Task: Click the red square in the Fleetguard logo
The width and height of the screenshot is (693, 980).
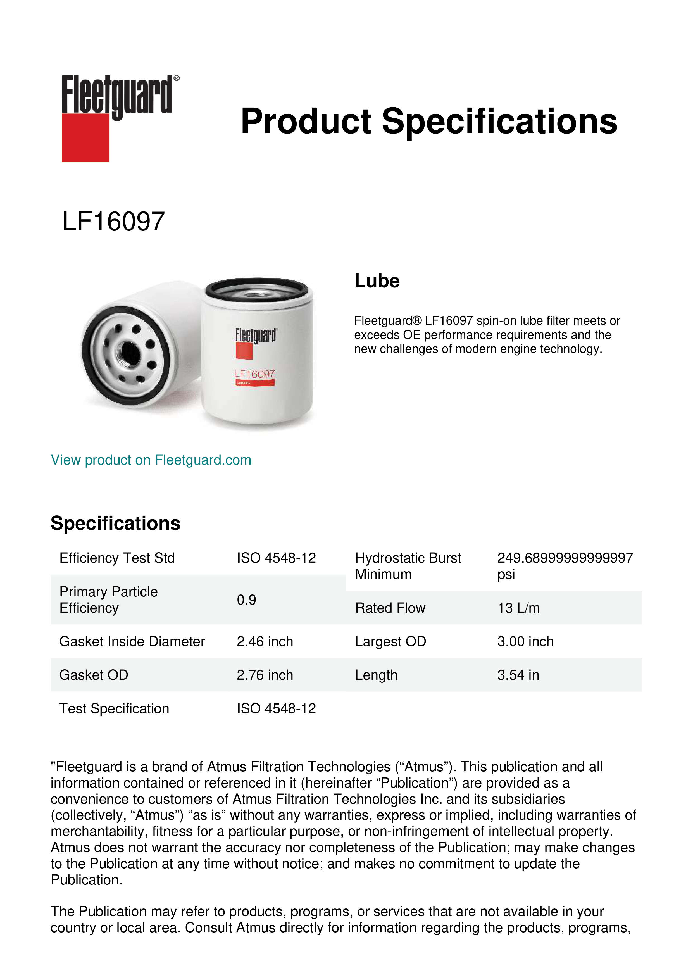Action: tap(85, 137)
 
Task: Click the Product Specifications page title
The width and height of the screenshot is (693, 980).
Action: tap(429, 121)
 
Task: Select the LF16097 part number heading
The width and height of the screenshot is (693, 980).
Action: tap(113, 222)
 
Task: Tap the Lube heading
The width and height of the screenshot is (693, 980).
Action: tap(377, 281)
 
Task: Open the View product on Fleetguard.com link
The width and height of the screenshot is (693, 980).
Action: tap(151, 460)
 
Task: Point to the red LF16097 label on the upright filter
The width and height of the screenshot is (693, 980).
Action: tap(255, 374)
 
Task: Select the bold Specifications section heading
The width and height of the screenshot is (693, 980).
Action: tap(115, 523)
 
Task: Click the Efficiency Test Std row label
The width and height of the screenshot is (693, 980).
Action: tap(117, 558)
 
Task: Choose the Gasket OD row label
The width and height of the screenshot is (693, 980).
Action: tap(94, 675)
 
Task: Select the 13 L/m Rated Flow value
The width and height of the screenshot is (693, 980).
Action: tap(518, 608)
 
